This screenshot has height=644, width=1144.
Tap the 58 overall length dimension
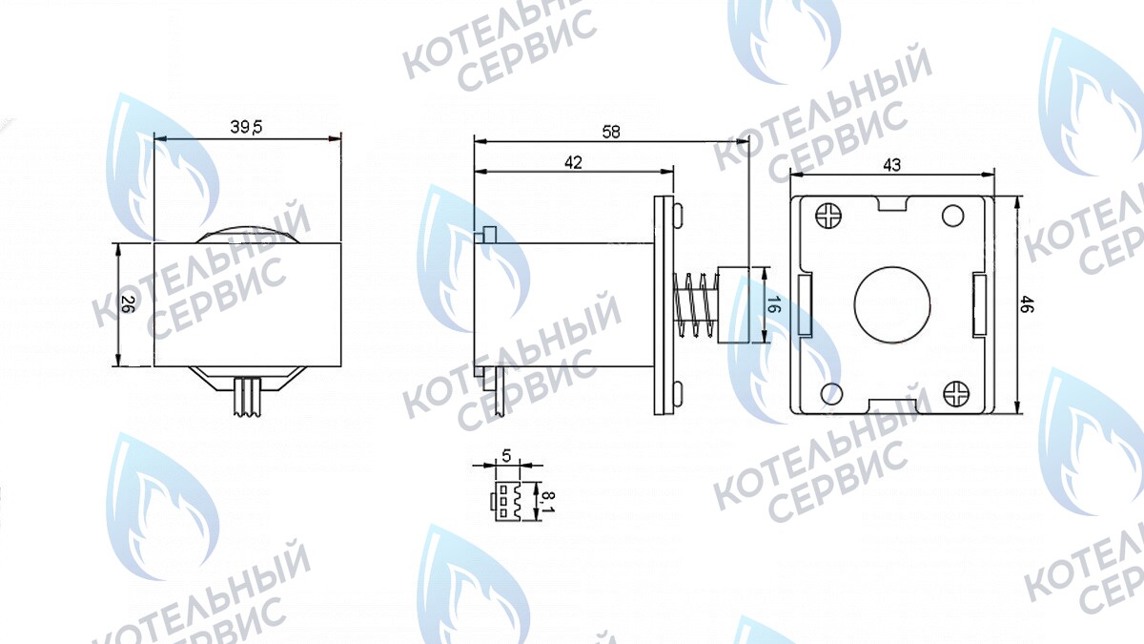[611, 133]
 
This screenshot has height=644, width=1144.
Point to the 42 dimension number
[573, 162]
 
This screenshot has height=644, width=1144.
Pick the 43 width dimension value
[891, 165]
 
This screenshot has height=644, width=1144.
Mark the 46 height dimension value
[1027, 305]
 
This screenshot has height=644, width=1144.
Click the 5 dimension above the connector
[506, 455]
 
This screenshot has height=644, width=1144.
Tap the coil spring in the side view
[694, 305]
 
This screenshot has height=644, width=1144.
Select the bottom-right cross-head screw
[955, 392]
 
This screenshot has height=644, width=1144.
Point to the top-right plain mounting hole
[953, 216]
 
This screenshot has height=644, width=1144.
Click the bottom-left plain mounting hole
[829, 392]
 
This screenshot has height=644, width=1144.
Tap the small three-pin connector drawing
[506, 499]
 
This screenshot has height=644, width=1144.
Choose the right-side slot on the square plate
[980, 304]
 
